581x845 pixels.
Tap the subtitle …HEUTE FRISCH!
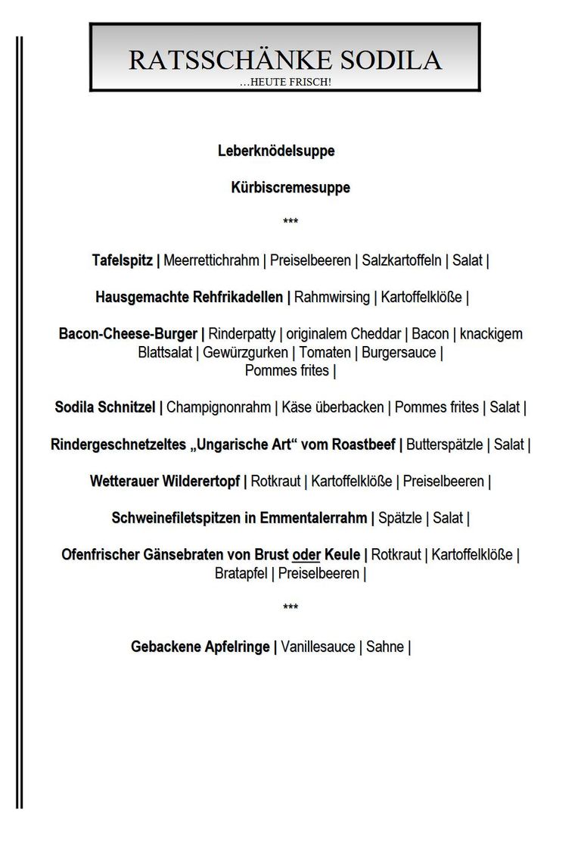tap(284, 81)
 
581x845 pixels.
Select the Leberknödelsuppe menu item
tap(276, 151)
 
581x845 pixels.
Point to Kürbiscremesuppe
tap(290, 187)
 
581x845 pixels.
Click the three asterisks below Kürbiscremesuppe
tap(290, 222)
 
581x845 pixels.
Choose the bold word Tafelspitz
tap(123, 260)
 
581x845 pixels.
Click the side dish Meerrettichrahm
tap(211, 260)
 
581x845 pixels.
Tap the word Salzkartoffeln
tap(402, 260)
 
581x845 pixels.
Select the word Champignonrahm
tap(219, 407)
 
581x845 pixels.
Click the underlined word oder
tap(306, 555)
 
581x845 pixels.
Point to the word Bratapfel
tap(241, 573)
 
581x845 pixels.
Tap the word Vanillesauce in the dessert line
tap(318, 647)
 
